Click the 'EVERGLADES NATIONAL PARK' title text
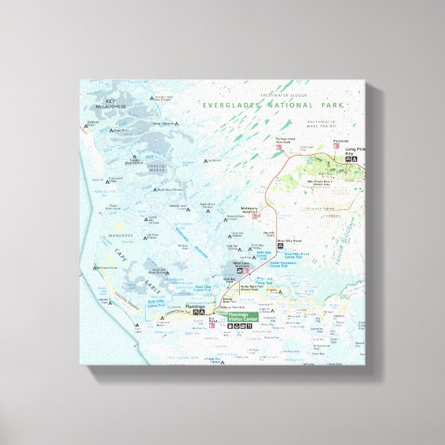(274, 105)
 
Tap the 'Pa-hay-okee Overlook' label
(286, 140)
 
